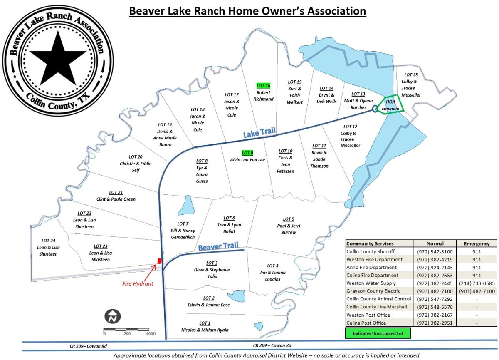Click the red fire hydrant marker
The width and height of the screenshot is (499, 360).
[159, 261]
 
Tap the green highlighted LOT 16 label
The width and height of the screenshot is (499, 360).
[264, 85]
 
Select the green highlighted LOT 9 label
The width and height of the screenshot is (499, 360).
[247, 153]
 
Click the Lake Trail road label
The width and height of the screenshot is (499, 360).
[259, 133]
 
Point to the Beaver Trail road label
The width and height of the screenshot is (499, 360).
[218, 247]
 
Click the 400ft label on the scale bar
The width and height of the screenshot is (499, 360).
[151, 334]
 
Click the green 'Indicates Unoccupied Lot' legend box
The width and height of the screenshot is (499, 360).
[378, 333]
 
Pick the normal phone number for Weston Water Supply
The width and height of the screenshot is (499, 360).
[435, 283]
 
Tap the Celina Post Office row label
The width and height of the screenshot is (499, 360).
[366, 323]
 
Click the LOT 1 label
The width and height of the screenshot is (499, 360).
[205, 323]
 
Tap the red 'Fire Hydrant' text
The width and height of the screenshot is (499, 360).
[138, 283]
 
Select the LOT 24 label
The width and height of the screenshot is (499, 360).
[48, 241]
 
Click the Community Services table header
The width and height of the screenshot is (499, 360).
[370, 243]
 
